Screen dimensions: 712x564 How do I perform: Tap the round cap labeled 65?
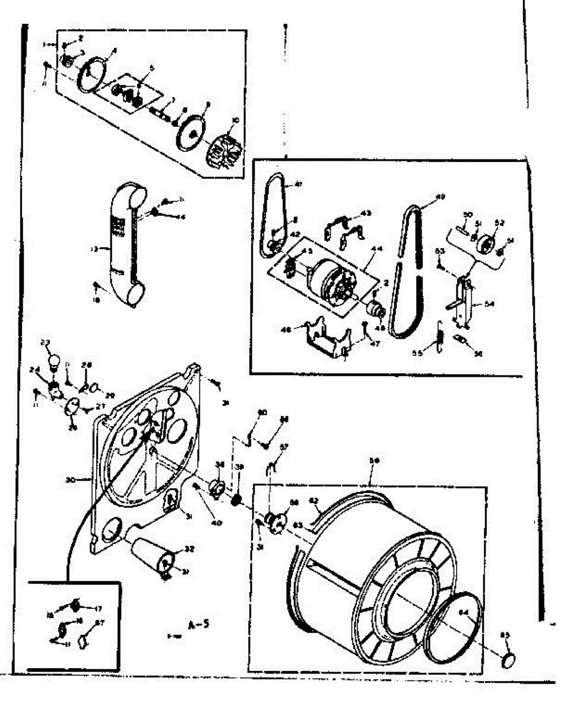(509, 658)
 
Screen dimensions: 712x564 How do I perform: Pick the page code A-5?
(198, 624)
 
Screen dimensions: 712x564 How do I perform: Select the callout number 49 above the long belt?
(440, 197)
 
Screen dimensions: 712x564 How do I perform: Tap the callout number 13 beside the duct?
(93, 250)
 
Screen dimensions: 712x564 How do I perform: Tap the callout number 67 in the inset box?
(100, 623)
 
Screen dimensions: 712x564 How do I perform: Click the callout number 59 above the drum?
(375, 460)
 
